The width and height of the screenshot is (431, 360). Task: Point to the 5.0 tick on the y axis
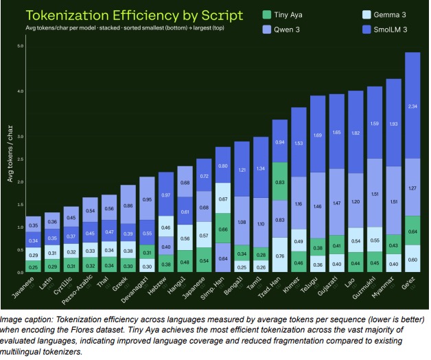coord(21,46)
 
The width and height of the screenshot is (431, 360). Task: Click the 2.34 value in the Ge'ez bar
coord(412,106)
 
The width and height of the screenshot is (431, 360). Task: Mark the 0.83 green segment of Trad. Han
coord(279,183)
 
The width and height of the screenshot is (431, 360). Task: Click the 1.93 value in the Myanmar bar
coord(393,124)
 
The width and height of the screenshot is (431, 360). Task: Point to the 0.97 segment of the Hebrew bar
coord(166,195)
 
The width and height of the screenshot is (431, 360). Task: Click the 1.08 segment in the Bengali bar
coord(242,222)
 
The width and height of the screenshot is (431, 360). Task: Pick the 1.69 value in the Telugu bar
coord(317,135)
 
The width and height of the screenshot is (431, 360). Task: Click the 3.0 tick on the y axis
coord(21,137)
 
